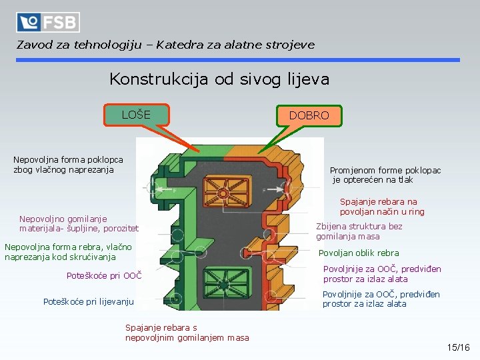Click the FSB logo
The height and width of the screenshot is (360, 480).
pyautogui.click(x=48, y=23)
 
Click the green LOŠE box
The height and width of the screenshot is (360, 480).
pyautogui.click(x=136, y=115)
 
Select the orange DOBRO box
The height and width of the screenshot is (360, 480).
pyautogui.click(x=309, y=115)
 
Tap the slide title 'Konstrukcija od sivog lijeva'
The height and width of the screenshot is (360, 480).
pyautogui.click(x=219, y=80)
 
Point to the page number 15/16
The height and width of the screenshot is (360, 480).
pyautogui.click(x=459, y=347)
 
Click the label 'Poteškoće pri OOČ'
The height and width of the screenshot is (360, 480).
pyautogui.click(x=104, y=275)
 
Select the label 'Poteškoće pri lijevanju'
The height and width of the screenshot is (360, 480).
pyautogui.click(x=89, y=302)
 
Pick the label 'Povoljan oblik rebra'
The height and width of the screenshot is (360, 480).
pyautogui.click(x=359, y=253)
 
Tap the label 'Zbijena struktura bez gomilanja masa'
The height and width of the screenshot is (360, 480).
pyautogui.click(x=359, y=231)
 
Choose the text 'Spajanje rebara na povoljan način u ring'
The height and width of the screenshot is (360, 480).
pyautogui.click(x=382, y=207)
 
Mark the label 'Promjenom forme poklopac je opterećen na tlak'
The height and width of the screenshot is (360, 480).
pyautogui.click(x=385, y=175)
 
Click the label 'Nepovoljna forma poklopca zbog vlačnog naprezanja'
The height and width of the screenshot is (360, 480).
pyautogui.click(x=68, y=165)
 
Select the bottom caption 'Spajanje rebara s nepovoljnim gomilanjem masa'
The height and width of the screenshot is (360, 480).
pyautogui.click(x=187, y=332)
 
